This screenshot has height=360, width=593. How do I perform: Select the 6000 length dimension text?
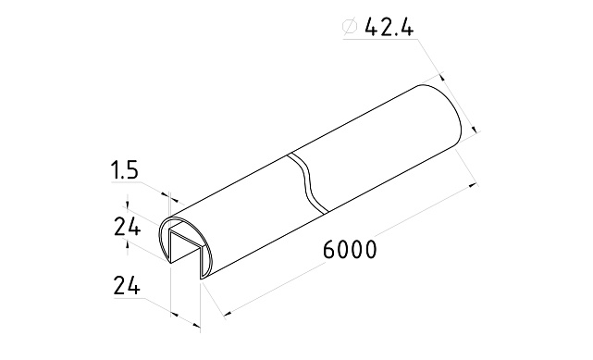click(350, 250)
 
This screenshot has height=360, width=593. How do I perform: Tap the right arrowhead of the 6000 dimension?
click(470, 189)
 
